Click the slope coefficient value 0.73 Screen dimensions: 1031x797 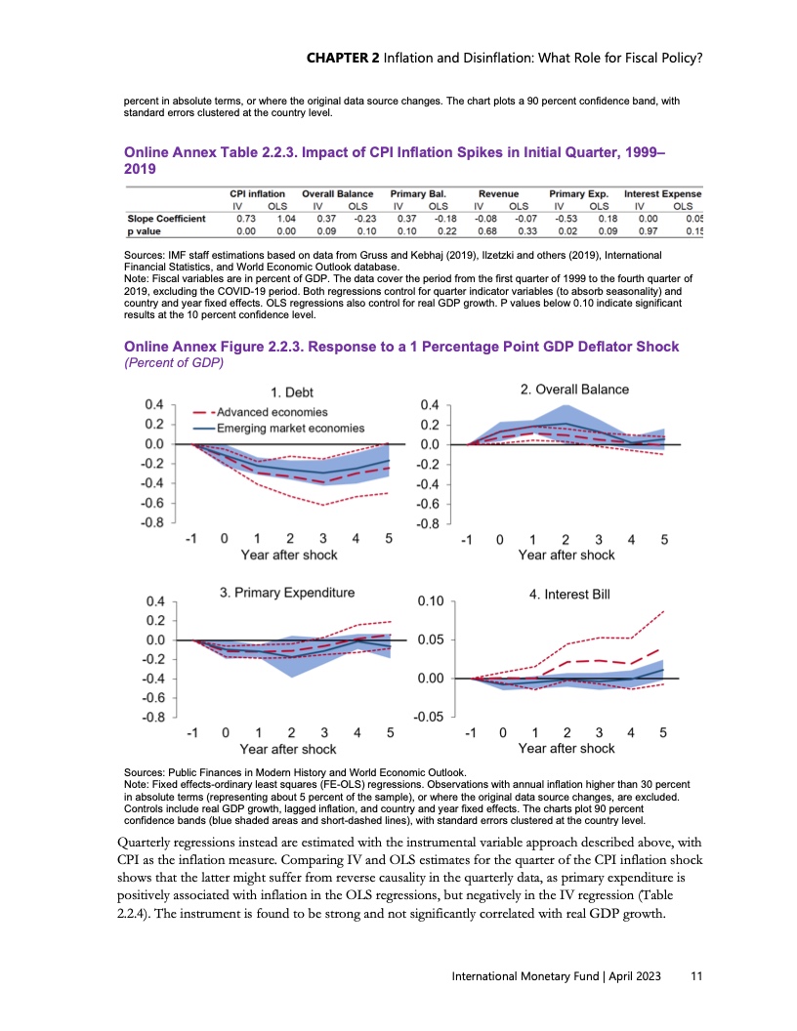click(245, 219)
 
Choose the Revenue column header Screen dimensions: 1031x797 click(498, 194)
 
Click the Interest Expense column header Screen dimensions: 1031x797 click(664, 194)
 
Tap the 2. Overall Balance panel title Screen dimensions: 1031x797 click(574, 389)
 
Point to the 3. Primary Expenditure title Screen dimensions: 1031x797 click(287, 592)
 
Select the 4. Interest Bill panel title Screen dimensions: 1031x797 click(576, 594)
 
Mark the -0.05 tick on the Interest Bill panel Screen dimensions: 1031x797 click(431, 717)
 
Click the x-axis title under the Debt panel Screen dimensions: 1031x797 click(289, 555)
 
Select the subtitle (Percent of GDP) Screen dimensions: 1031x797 click(171, 363)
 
